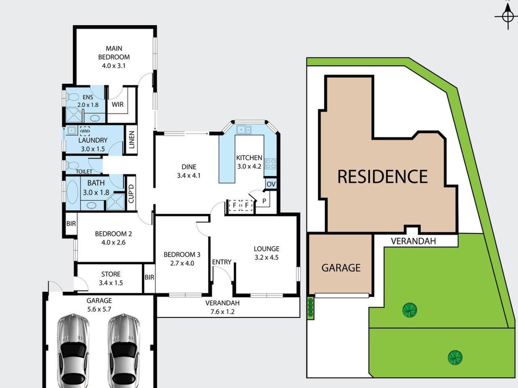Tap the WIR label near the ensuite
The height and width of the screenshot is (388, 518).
(118, 105)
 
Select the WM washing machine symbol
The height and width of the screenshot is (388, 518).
(85, 131)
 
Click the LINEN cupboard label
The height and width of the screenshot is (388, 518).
(132, 140)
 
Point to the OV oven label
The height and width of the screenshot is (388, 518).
(271, 184)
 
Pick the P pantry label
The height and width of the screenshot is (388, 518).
(264, 201)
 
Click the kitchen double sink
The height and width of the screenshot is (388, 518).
(244, 130)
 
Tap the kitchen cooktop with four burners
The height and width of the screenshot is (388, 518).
(270, 163)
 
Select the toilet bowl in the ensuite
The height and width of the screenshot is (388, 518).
(72, 97)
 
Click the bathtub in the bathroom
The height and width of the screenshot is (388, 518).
(72, 192)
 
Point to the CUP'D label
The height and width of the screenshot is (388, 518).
(131, 193)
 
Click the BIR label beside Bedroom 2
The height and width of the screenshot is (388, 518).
(71, 223)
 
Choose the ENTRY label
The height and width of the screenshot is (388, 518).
(222, 262)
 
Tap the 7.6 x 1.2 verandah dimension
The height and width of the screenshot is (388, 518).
(223, 312)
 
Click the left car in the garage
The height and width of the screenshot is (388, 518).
(73, 351)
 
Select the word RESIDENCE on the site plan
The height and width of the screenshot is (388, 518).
(383, 176)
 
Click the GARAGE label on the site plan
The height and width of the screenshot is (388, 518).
(341, 268)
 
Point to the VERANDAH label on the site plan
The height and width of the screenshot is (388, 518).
(413, 241)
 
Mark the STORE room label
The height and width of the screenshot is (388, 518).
(111, 274)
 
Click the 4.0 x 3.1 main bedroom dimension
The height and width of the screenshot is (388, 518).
(114, 66)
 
